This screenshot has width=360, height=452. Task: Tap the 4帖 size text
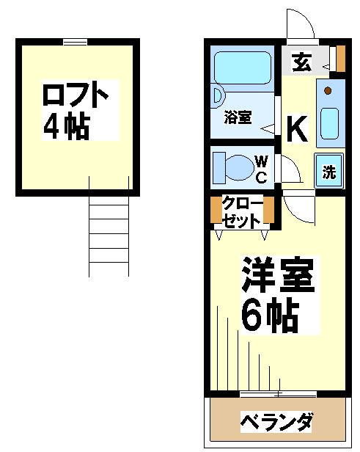coord(67,126)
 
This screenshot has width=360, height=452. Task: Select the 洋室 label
coord(278,274)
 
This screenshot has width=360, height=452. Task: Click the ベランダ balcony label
coord(276,422)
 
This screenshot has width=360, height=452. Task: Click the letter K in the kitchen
coord(297,128)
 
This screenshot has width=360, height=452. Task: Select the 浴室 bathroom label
coord(238,117)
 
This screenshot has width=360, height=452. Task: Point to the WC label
coord(261,169)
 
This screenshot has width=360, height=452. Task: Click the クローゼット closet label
coord(241,213)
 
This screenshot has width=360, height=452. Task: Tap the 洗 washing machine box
coord(329,170)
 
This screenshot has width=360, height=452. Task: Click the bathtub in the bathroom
coord(243,68)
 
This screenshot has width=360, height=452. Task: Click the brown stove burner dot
coord(328,91)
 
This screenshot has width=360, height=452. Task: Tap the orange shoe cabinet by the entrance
coord(341,59)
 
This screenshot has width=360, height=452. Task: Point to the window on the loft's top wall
coord(76,42)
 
